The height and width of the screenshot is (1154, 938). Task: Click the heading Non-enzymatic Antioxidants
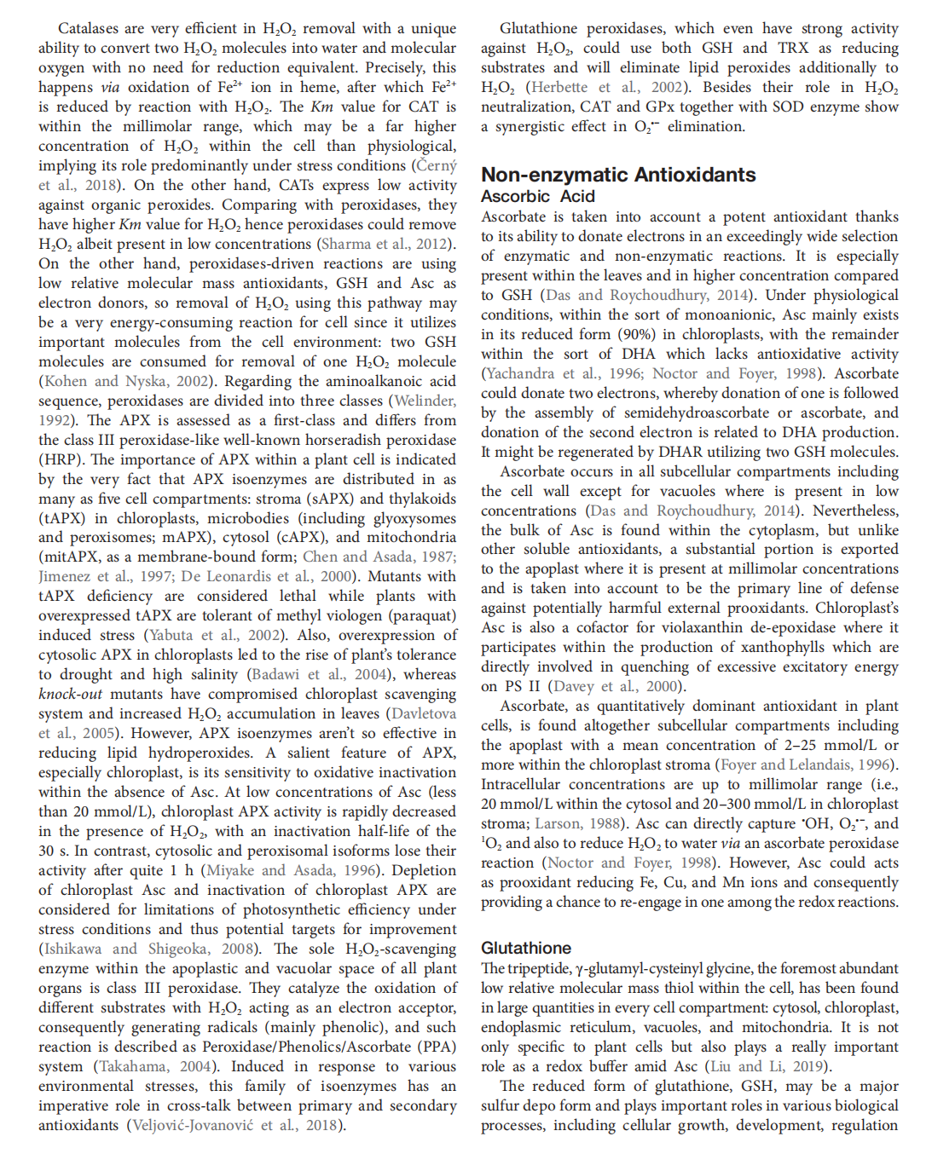click(618, 175)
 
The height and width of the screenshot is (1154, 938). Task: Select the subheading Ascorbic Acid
click(537, 196)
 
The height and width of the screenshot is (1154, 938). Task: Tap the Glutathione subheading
click(526, 948)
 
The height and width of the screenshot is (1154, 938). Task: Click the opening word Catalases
click(89, 28)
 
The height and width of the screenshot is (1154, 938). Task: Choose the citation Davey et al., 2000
click(617, 686)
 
